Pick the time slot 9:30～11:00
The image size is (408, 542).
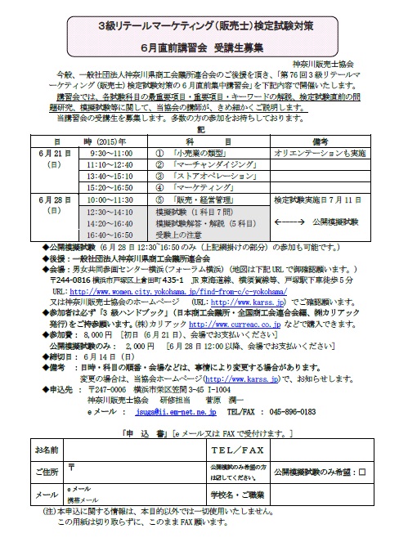[112, 153]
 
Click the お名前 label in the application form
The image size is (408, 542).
[48, 450]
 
